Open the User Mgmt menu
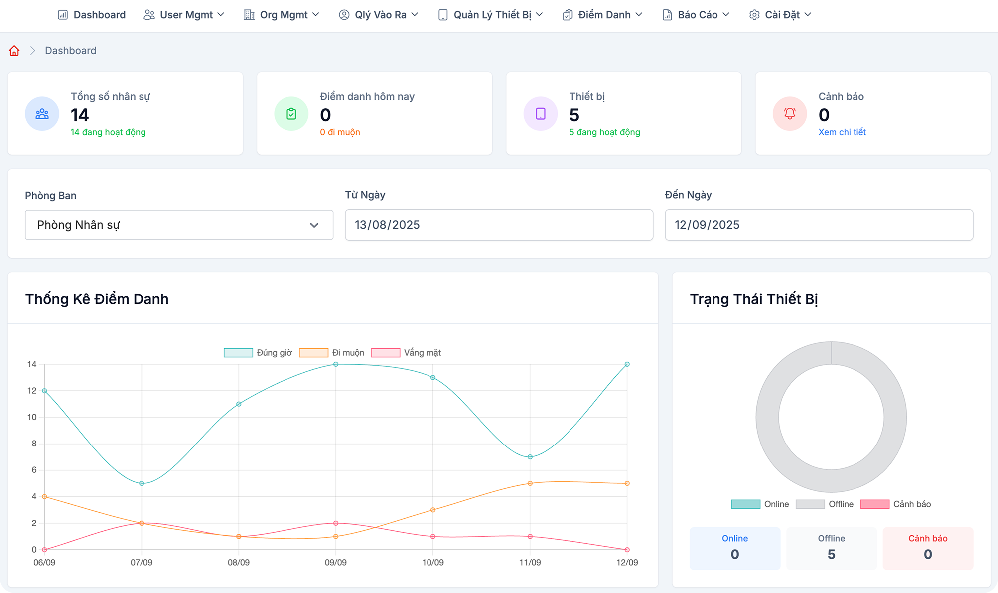(184, 15)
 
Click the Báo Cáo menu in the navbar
(696, 15)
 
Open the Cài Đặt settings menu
(780, 15)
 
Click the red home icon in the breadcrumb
(14, 51)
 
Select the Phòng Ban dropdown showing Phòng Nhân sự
(179, 225)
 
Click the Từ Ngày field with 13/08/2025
(499, 225)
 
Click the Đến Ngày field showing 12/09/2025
(819, 225)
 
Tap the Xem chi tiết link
(842, 132)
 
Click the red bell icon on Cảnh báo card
(790, 114)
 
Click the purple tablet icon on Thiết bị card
(541, 114)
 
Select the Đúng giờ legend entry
(258, 353)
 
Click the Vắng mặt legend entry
(406, 353)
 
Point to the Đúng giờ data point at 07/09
(142, 483)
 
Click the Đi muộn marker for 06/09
(44, 497)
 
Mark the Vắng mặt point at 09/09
(336, 523)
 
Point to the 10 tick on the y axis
(32, 417)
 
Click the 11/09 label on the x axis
(530, 562)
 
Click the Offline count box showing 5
(831, 548)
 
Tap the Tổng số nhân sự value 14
(80, 115)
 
